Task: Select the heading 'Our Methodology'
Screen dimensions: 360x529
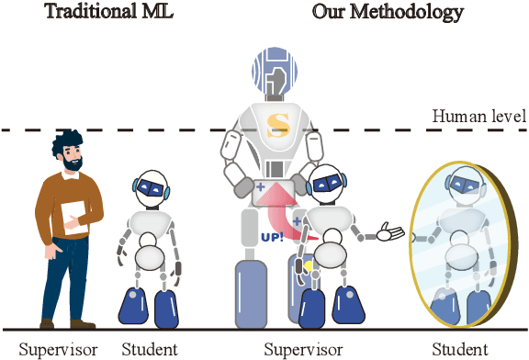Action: pos(388,12)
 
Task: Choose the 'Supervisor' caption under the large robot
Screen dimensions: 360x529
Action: pos(303,349)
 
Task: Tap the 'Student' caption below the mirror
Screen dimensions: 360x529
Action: pos(460,349)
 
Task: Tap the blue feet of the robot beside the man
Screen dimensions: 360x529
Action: pos(150,309)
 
